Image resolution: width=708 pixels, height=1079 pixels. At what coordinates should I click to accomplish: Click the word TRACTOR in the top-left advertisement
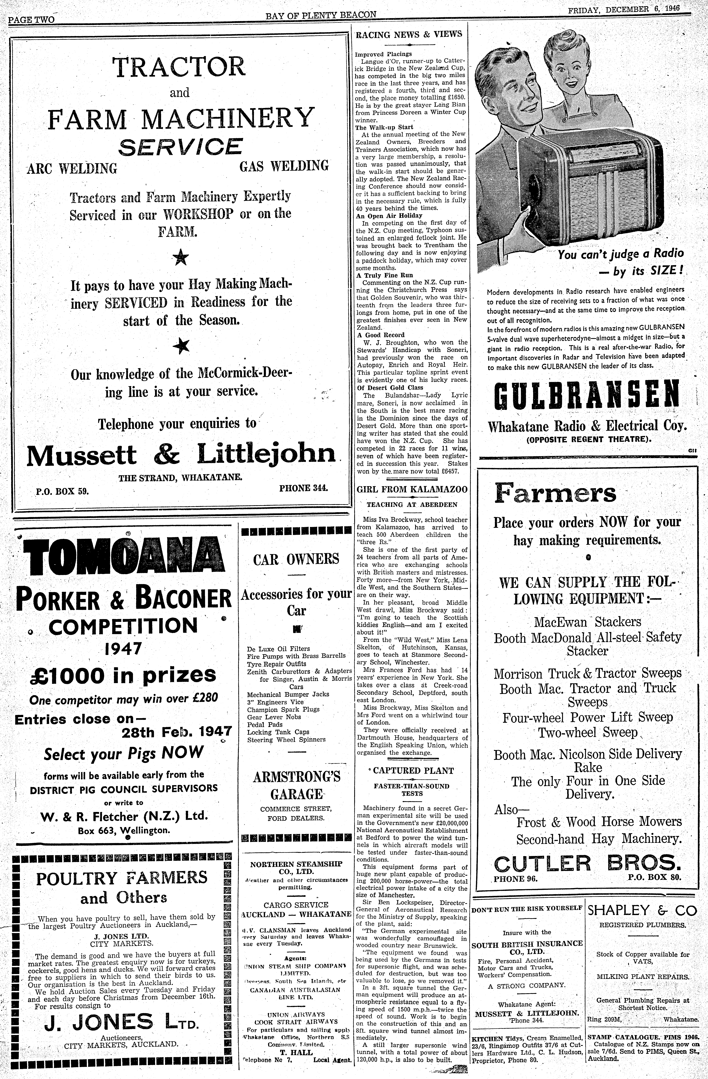click(x=179, y=67)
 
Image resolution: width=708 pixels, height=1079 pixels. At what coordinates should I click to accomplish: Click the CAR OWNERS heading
click(x=296, y=559)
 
